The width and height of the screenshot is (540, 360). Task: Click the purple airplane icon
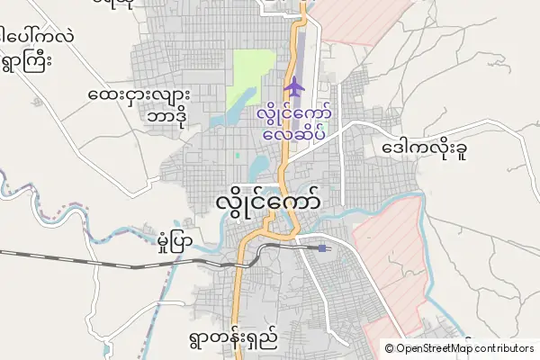[294, 87]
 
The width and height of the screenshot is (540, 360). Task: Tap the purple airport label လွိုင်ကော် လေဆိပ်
[294, 124]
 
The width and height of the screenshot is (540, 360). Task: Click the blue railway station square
[322, 247]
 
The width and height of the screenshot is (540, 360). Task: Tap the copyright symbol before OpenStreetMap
[389, 347]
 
